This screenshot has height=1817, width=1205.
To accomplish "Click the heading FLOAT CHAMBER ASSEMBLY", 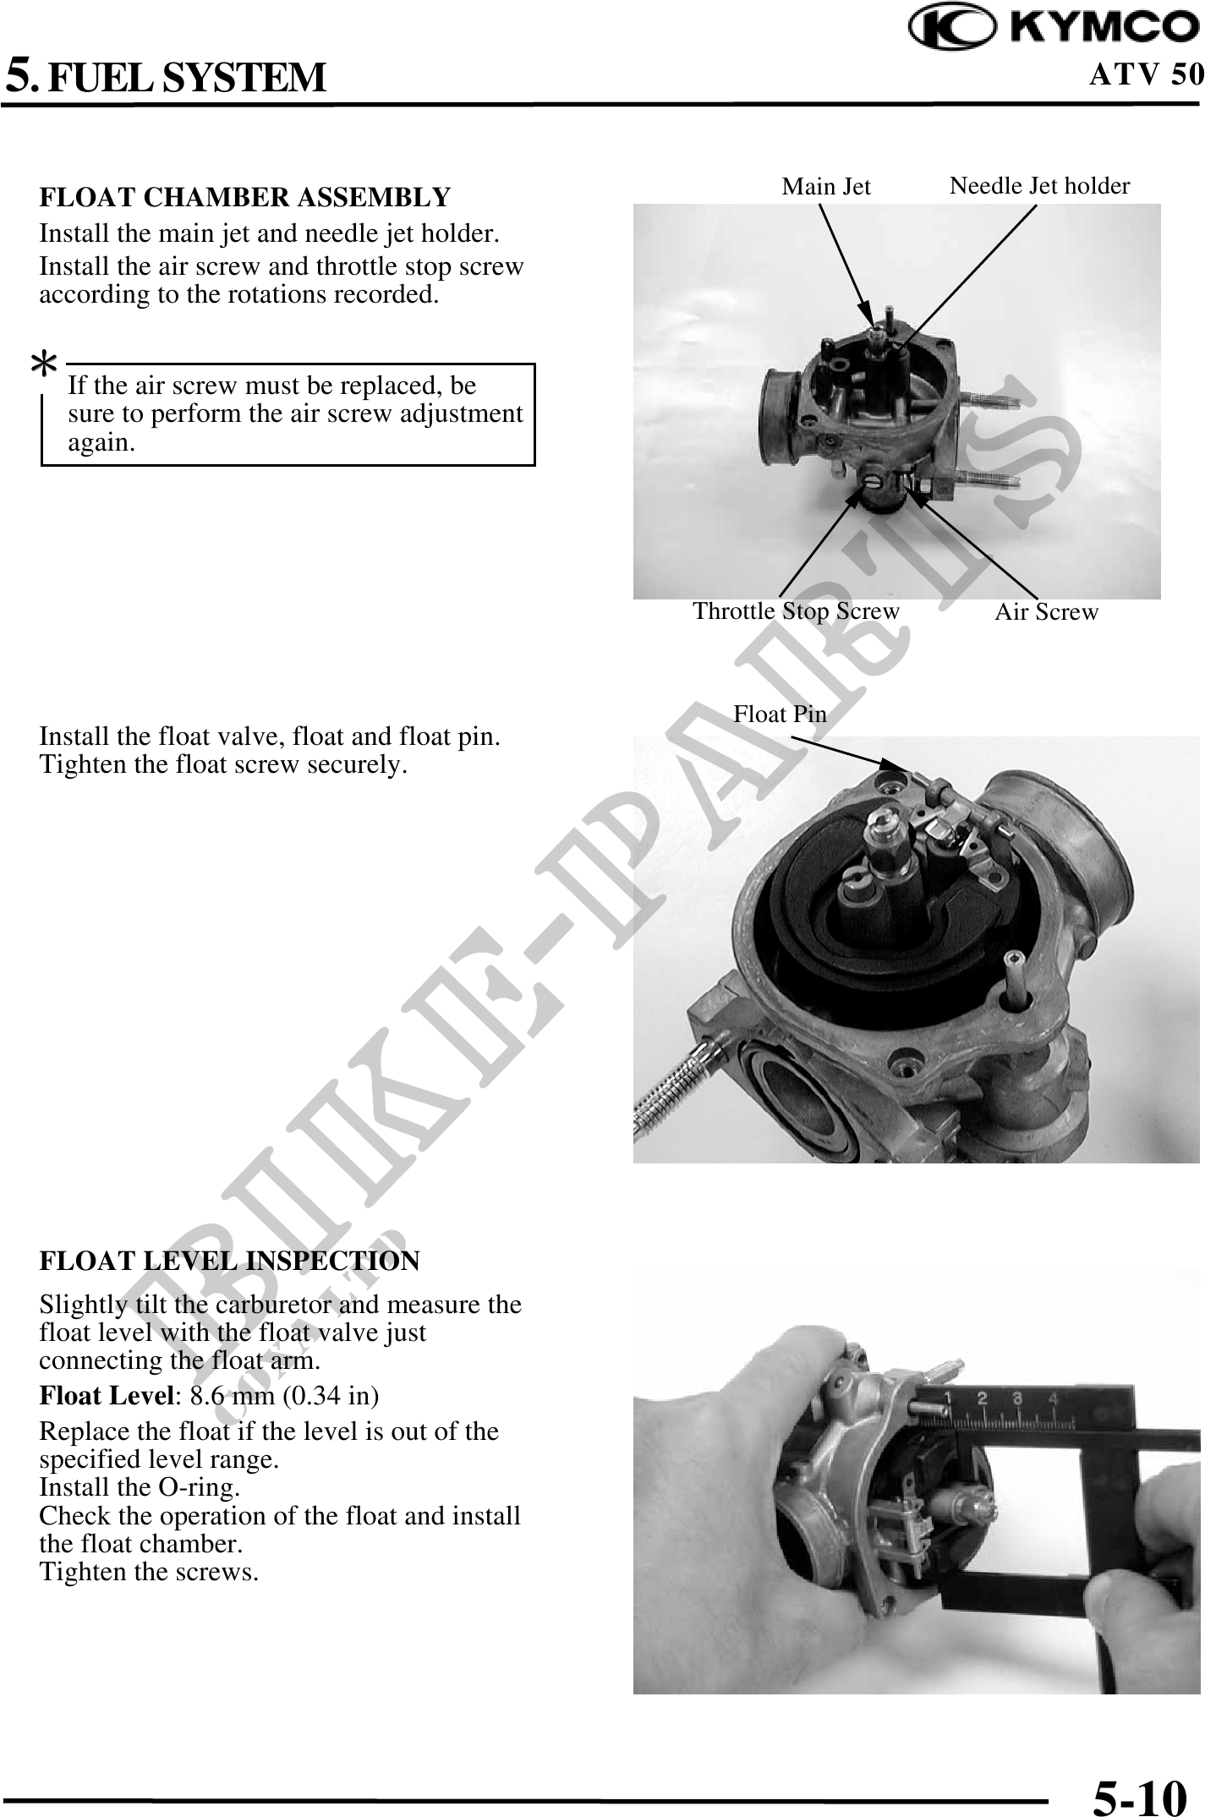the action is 245,197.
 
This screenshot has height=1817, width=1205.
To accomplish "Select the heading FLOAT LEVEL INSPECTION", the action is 229,1261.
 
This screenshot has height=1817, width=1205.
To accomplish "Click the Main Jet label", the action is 826,186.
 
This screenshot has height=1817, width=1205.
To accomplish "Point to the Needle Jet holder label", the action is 1039,185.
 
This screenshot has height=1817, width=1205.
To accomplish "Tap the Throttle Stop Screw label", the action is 797,610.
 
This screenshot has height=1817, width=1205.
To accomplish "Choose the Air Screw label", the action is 1046,612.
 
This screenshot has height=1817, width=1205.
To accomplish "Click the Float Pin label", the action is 780,714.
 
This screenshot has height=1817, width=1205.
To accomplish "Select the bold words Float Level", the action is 107,1395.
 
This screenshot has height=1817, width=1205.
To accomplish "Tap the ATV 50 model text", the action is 1146,74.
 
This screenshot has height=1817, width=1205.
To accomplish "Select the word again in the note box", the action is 101,443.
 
